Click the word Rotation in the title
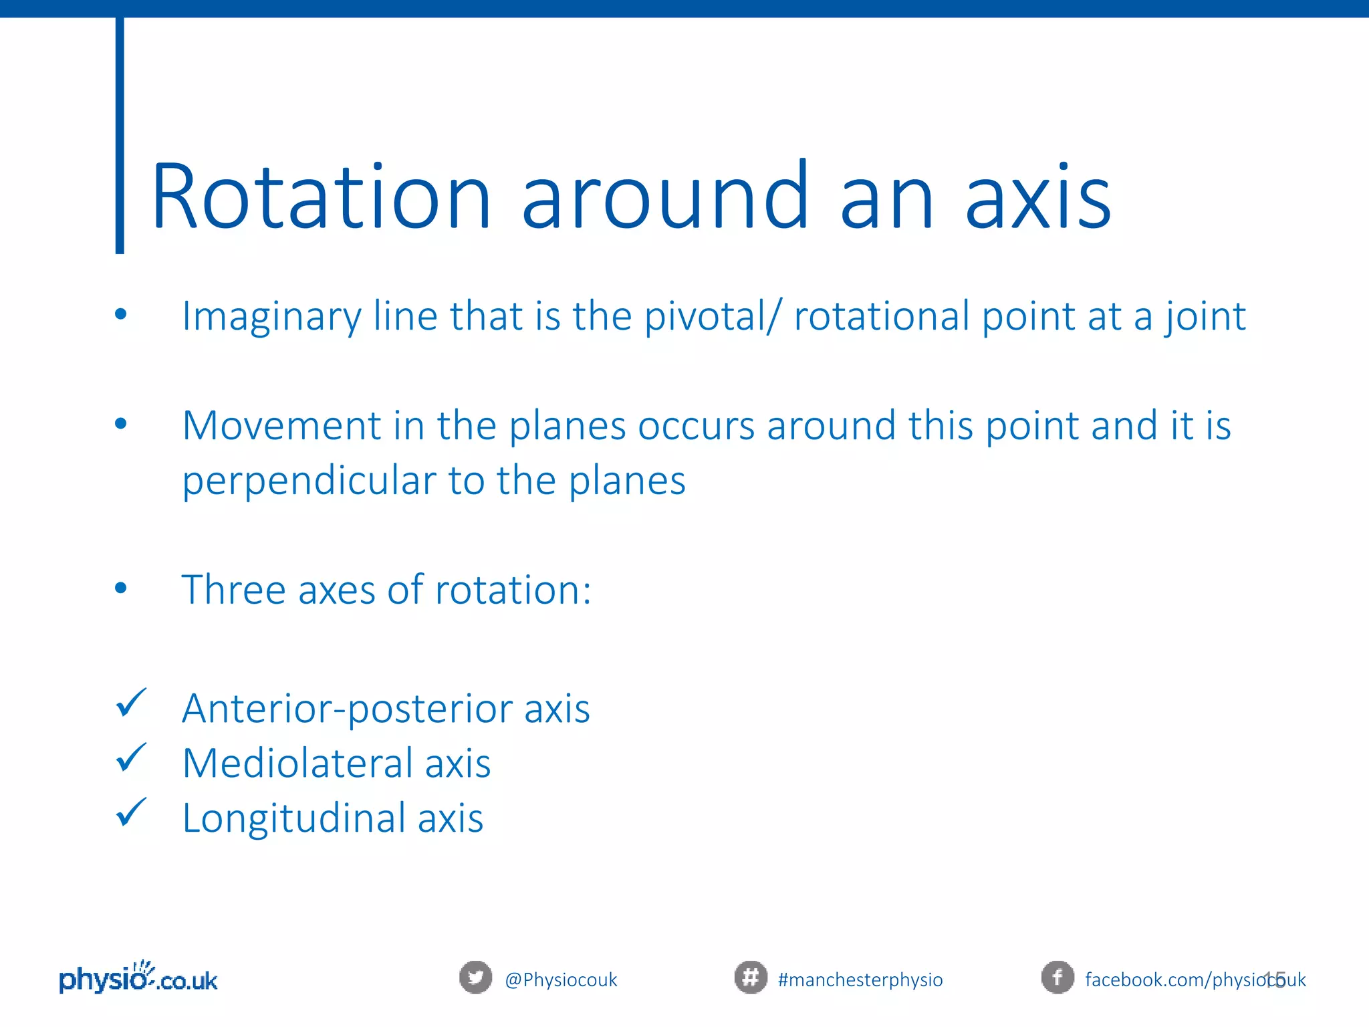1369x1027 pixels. click(322, 197)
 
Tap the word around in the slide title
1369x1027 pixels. click(665, 197)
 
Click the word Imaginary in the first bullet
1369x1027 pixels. click(271, 317)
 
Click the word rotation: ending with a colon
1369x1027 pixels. click(513, 590)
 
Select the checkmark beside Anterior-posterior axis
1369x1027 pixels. click(131, 703)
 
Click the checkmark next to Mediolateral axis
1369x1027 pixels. click(131, 758)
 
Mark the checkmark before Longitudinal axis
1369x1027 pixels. click(131, 813)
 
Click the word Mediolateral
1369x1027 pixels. click(297, 764)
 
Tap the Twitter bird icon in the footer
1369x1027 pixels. click(475, 978)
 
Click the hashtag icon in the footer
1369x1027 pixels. click(751, 978)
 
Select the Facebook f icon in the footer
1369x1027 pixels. click(1057, 978)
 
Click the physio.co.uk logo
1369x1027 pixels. click(138, 979)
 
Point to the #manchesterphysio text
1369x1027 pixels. click(860, 980)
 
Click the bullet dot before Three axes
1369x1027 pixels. click(120, 588)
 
